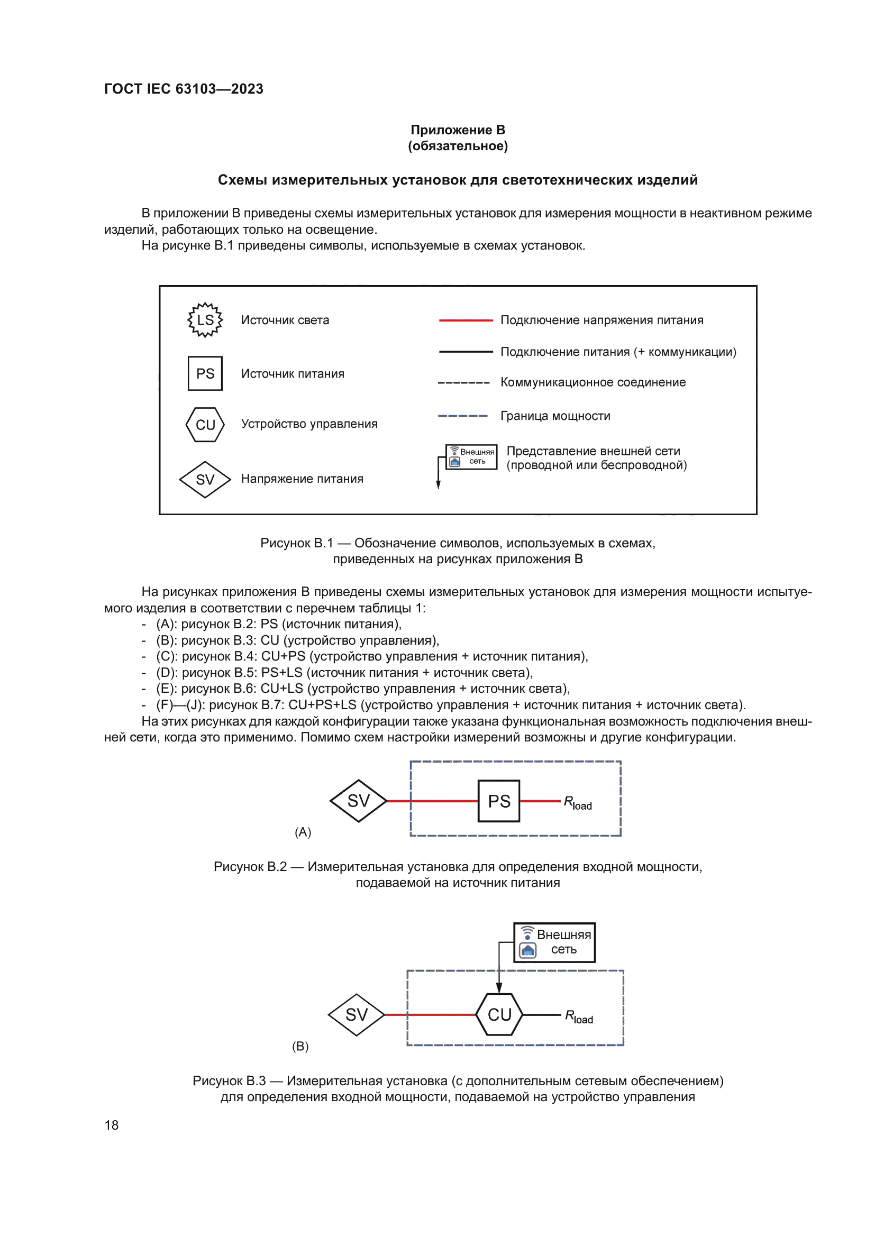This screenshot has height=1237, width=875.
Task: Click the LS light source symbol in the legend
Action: coord(205,320)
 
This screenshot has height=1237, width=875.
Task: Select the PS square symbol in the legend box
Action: coord(205,373)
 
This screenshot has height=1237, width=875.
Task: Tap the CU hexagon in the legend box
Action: coord(205,425)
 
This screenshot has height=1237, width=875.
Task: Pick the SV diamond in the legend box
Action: coord(205,479)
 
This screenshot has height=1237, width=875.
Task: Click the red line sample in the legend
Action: coord(466,320)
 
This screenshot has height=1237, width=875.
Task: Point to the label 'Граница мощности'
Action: coord(555,416)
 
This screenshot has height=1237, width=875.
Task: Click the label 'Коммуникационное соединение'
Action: coord(593,382)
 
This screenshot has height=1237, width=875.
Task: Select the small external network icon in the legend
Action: coord(471,457)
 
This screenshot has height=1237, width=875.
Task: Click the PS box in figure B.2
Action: coord(499,801)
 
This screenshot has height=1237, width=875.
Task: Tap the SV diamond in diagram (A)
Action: coord(358,801)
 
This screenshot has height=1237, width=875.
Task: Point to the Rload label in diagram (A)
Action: coord(578,803)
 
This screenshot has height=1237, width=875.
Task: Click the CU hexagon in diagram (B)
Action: coord(499,1014)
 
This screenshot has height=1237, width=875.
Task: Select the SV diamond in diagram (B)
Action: coord(356,1014)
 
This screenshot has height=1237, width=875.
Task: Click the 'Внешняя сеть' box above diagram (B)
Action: coord(554,942)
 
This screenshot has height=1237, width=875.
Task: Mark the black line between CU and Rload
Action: coord(542,1014)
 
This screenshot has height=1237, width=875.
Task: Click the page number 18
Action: coord(112,1125)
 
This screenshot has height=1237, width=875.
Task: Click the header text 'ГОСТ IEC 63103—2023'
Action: coord(184,89)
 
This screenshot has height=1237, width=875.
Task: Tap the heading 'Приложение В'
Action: coord(458,130)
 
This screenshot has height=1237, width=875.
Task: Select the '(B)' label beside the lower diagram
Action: coord(300,1046)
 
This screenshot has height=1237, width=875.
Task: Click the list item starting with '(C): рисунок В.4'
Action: coord(372,656)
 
